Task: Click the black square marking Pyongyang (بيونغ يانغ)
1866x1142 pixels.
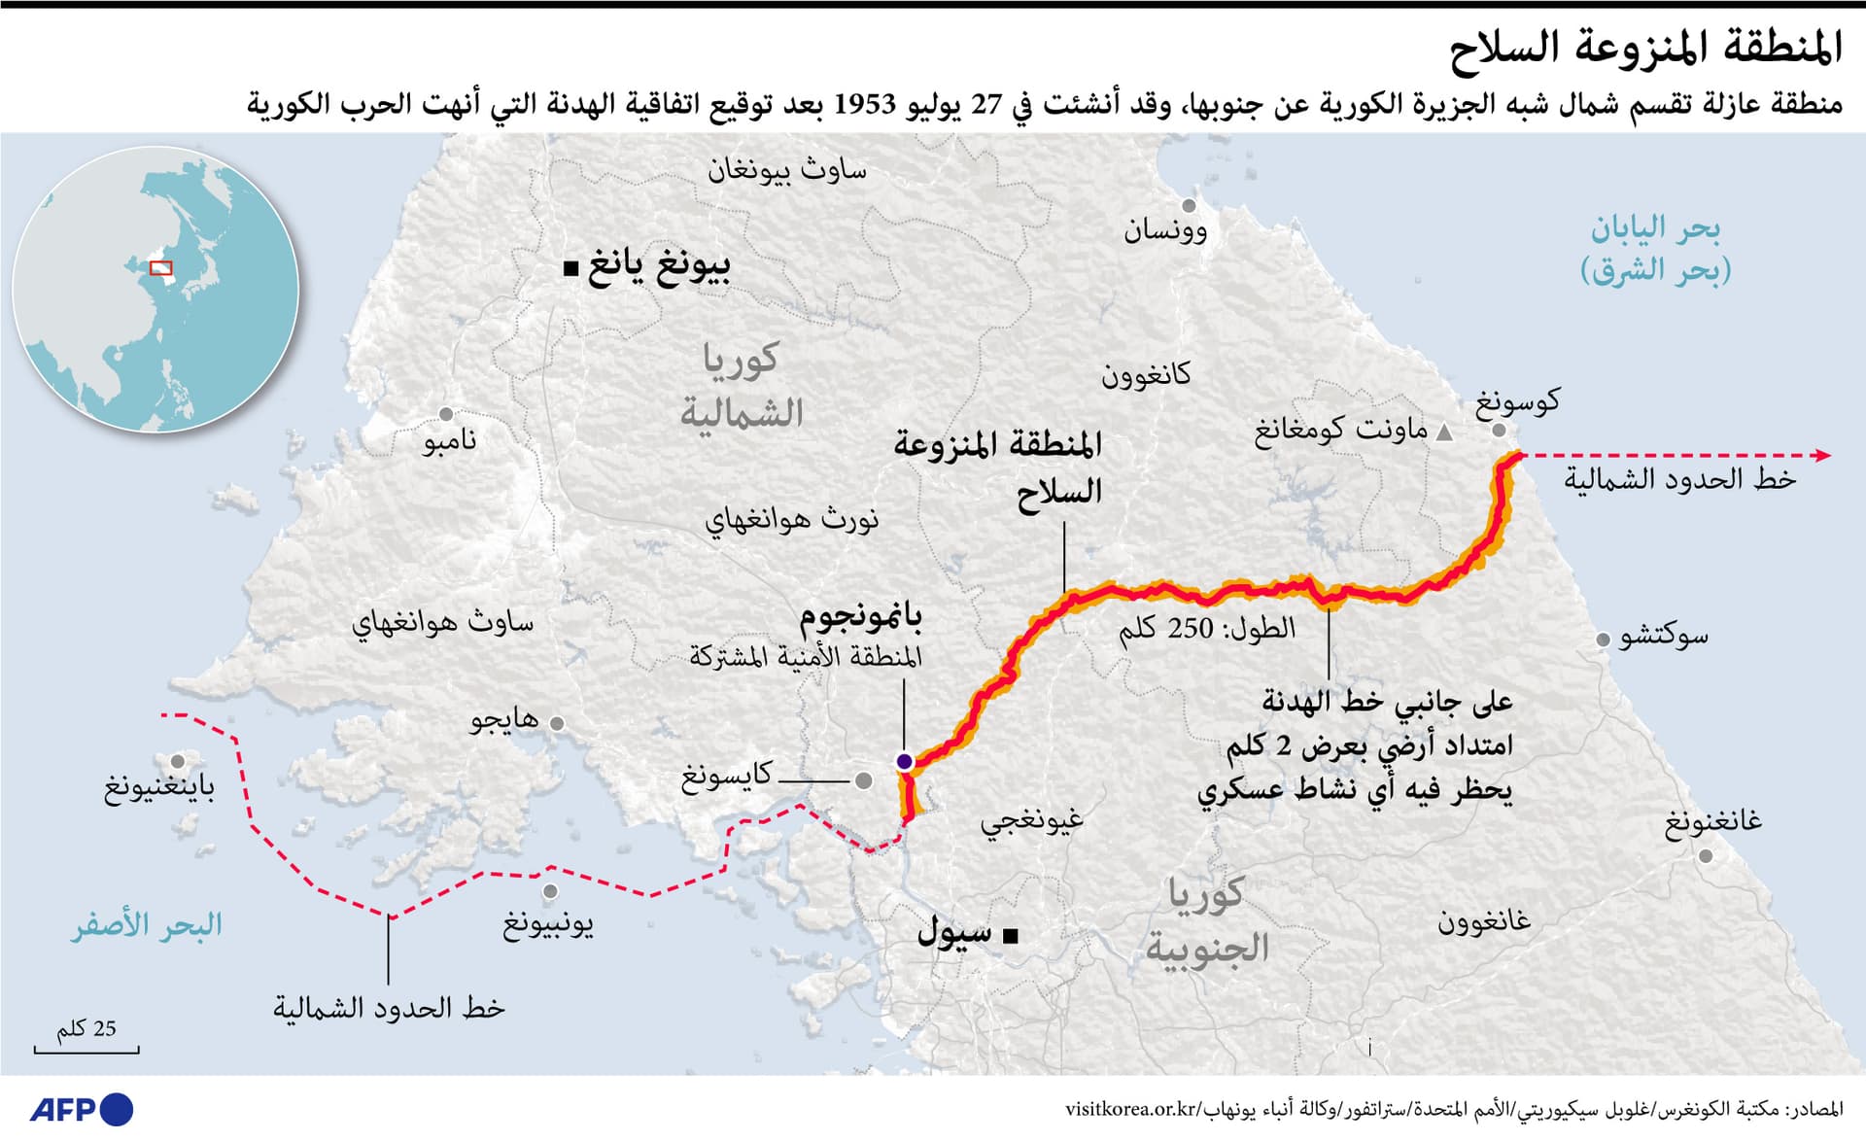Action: [570, 267]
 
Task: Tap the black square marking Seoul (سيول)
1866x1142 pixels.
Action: [1010, 936]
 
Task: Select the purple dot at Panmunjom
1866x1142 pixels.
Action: [904, 761]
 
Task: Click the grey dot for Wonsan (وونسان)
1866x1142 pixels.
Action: [1189, 206]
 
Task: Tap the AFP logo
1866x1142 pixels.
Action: [82, 1109]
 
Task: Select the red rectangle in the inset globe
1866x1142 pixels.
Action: [161, 267]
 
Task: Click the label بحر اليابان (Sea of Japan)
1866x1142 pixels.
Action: [1655, 248]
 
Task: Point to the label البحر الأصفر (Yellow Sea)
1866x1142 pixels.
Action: [147, 925]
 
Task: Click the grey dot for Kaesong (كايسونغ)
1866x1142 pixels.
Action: [863, 779]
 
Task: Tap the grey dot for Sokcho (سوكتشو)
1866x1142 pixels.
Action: [1603, 640]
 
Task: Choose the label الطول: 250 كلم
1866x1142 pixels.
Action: [1207, 629]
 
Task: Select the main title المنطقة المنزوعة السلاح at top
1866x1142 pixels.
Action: [1645, 48]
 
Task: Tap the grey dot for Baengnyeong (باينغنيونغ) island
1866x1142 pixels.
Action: [178, 762]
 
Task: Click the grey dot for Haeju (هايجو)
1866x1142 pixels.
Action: [557, 723]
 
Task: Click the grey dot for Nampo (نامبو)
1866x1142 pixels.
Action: [446, 415]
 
